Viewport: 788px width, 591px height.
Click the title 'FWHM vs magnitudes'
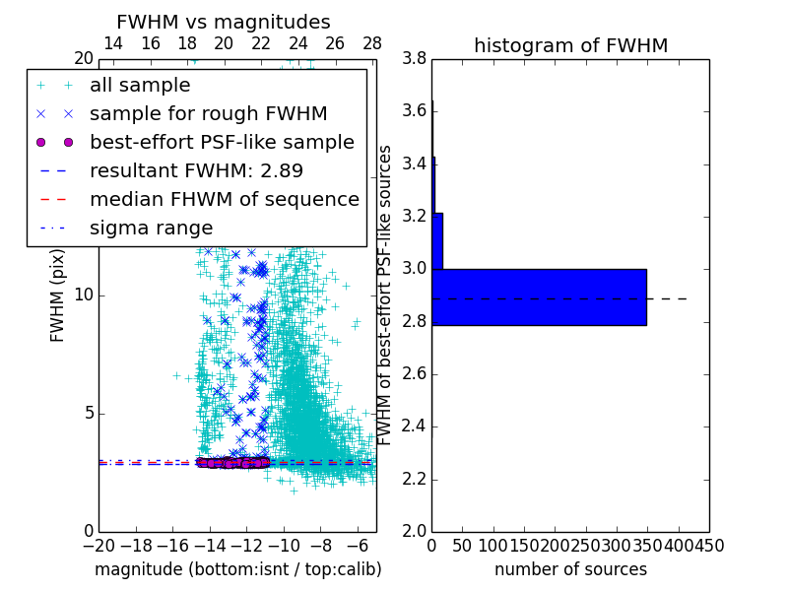pyautogui.click(x=224, y=22)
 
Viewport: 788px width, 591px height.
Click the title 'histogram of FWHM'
pyautogui.click(x=570, y=45)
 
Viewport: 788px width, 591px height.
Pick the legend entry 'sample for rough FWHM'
pyautogui.click(x=208, y=113)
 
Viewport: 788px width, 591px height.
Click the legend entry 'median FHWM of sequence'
pyautogui.click(x=224, y=199)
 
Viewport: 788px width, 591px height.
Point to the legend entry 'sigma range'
pyautogui.click(x=151, y=228)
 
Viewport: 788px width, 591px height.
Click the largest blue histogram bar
pyautogui.click(x=539, y=296)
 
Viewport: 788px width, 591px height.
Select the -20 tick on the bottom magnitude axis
pyautogui.click(x=98, y=546)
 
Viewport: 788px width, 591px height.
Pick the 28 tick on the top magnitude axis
pyautogui.click(x=371, y=43)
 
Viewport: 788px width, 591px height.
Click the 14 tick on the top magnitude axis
pyautogui.click(x=113, y=43)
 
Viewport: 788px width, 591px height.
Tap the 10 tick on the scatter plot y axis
pyautogui.click(x=83, y=295)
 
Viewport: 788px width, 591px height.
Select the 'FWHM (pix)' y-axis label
pyautogui.click(x=57, y=295)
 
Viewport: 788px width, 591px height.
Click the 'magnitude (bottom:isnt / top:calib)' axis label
pyautogui.click(x=237, y=569)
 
